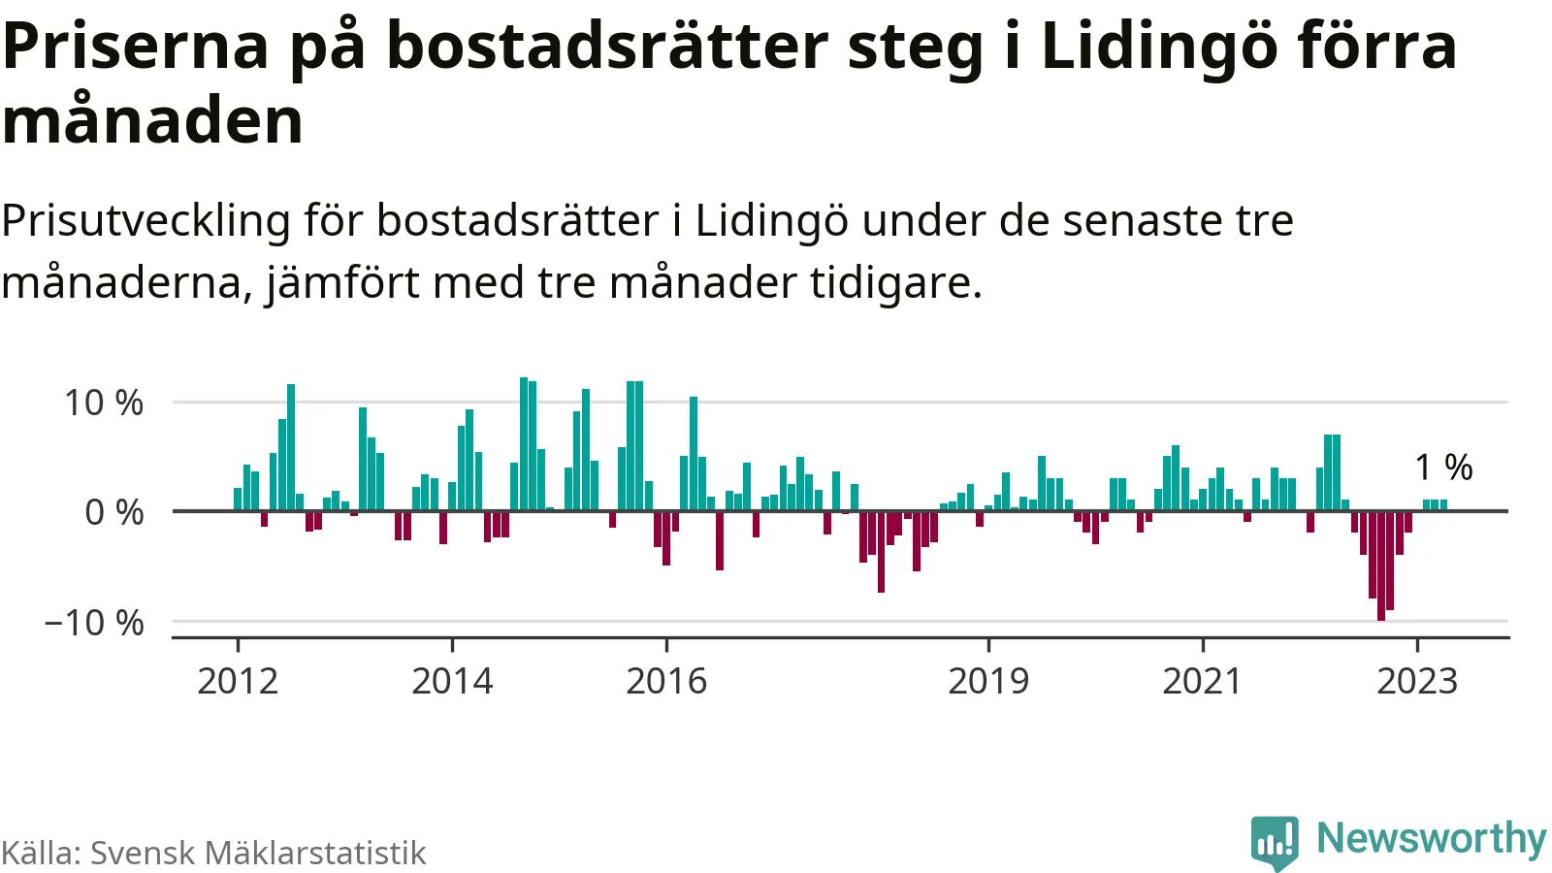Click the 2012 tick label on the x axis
(x=238, y=681)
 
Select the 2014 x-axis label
(x=452, y=681)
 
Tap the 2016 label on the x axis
(x=666, y=681)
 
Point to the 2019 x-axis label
(x=988, y=681)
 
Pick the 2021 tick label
(x=1202, y=681)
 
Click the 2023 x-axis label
(x=1417, y=681)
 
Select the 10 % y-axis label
(x=104, y=403)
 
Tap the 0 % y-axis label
(x=114, y=512)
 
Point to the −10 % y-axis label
(x=94, y=623)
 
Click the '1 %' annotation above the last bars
(x=1443, y=468)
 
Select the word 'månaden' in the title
(x=153, y=121)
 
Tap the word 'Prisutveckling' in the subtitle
(x=146, y=221)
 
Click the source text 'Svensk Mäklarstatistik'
(x=258, y=853)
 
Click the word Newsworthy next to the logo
(x=1431, y=839)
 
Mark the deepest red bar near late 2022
(x=1381, y=566)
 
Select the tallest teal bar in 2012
(x=291, y=447)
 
